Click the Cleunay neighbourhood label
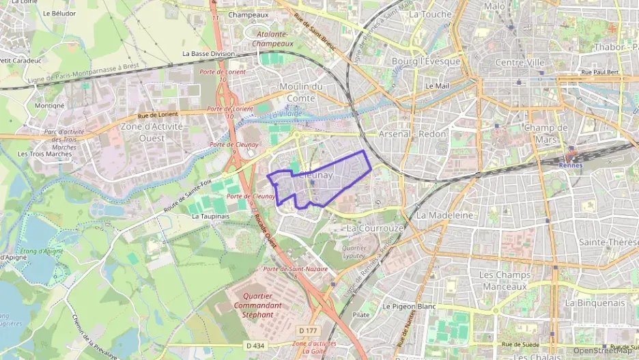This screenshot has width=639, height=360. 315,176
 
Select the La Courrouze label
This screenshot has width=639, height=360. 375,227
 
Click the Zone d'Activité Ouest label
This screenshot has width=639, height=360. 152,131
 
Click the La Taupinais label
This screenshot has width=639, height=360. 210,216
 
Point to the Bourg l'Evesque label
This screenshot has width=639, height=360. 427,61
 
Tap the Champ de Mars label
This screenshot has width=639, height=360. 546,133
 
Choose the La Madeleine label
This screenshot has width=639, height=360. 444,214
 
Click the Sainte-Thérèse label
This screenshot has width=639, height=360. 608,243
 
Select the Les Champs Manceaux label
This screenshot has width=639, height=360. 505,280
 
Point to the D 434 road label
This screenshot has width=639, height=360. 254,346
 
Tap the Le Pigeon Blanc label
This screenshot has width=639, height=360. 409,307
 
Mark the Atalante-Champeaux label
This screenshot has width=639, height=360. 273,38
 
